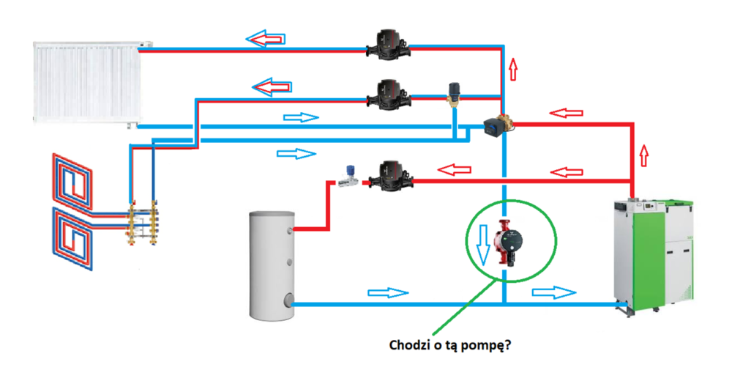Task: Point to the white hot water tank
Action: (x=272, y=265)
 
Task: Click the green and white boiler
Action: (x=653, y=253)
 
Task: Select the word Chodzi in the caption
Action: (x=409, y=345)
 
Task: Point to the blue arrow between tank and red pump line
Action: (x=387, y=292)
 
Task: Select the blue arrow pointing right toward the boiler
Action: (x=554, y=292)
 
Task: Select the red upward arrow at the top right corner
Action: (x=512, y=69)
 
